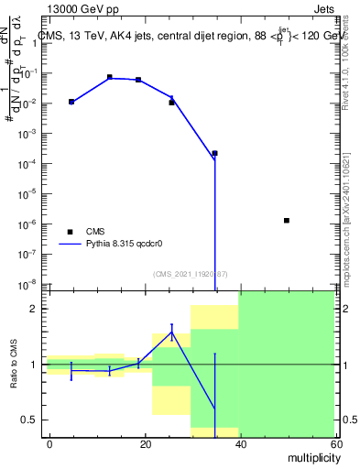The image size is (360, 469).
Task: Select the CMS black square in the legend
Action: click(69, 232)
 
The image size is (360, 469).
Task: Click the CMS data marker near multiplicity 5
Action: click(71, 102)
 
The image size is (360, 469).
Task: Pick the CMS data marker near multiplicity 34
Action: click(214, 153)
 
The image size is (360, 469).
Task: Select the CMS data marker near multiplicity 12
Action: click(110, 78)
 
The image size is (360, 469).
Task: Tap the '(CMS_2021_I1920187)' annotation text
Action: click(191, 273)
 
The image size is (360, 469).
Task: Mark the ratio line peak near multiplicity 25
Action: click(171, 332)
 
